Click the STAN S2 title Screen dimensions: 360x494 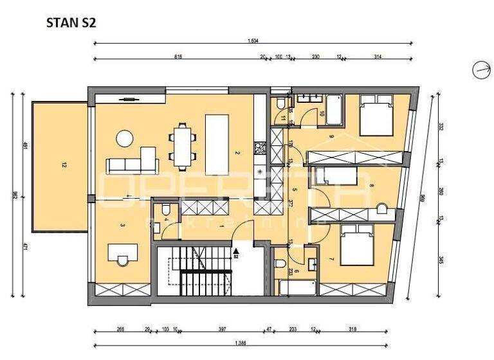[71, 23]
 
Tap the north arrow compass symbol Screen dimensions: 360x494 [481, 70]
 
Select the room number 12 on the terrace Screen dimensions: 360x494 [64, 165]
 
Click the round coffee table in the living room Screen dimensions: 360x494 [125, 138]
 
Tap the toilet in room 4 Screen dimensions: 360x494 [165, 210]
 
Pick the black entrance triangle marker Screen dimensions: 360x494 [236, 251]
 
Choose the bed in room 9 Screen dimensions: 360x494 [375, 114]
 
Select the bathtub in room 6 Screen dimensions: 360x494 [297, 287]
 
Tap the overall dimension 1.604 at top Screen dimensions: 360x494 [253, 41]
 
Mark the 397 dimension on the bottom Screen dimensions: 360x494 [222, 329]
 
